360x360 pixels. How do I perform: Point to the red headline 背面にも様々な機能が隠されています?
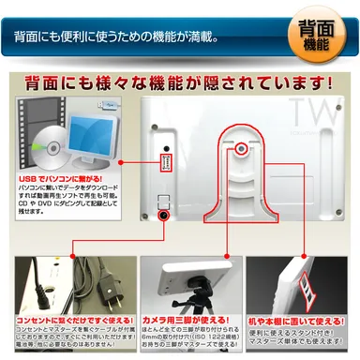tap(179, 82)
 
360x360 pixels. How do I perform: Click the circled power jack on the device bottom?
tap(164, 216)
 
